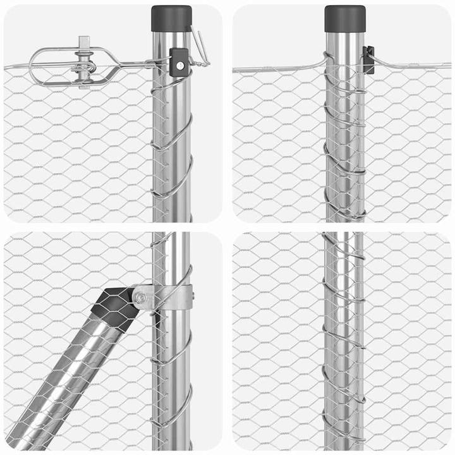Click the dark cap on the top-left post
pos(171,17)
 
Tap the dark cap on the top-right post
pos(345,18)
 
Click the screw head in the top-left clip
pos(181,64)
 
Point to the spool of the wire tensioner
pos(84,66)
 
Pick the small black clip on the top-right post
pos(368,59)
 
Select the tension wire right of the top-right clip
pos(411,65)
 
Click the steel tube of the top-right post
pos(345,139)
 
